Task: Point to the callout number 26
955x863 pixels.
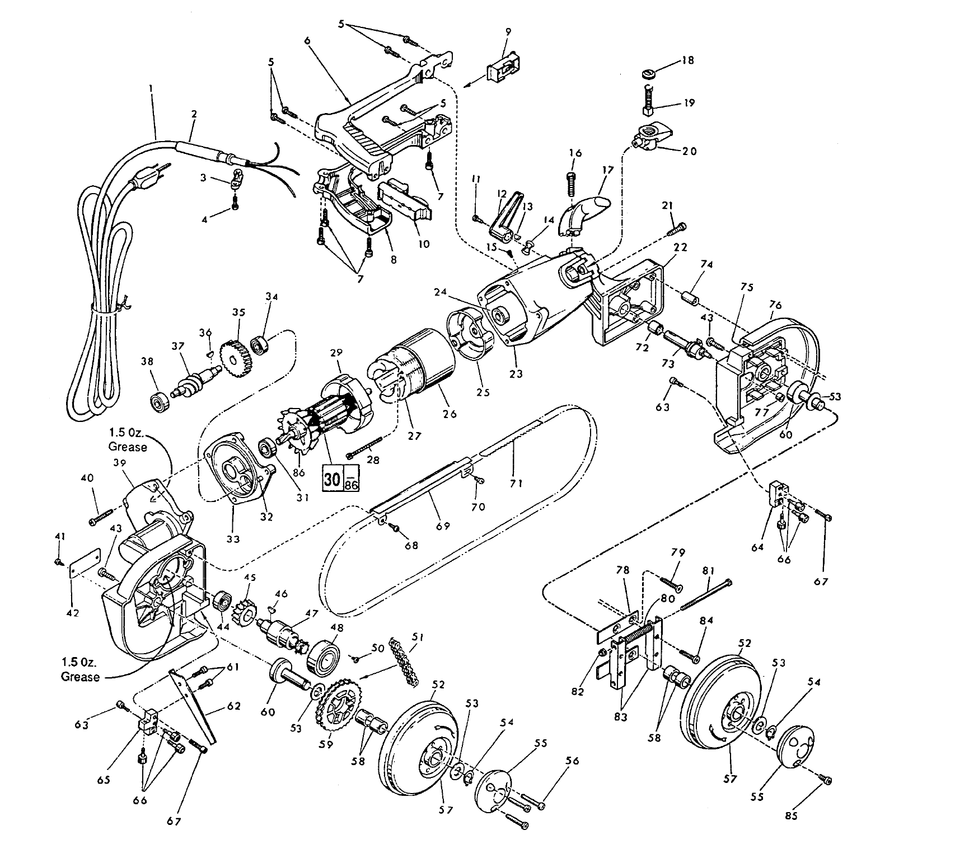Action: [x=450, y=414]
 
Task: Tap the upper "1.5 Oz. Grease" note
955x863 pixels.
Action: [x=128, y=440]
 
